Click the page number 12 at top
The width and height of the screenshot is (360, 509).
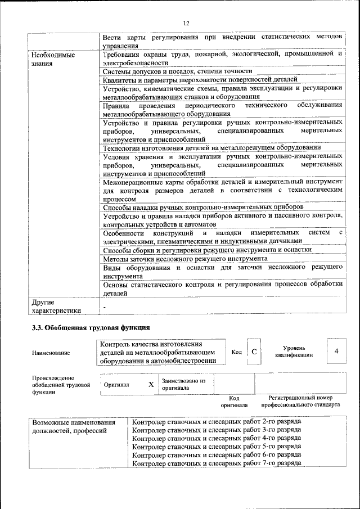(186, 23)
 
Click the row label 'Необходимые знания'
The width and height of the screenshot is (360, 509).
(54, 60)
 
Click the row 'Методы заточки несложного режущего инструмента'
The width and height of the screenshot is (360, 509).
(185, 259)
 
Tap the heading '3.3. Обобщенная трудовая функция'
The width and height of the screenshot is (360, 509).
(91, 327)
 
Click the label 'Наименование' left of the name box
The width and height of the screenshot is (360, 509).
(51, 353)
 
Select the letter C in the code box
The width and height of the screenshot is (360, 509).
(254, 352)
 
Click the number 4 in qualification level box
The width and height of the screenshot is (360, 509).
(336, 352)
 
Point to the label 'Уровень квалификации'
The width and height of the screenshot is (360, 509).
(294, 352)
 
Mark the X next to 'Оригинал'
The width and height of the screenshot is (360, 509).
(151, 385)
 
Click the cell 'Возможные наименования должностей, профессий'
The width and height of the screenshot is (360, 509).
(74, 426)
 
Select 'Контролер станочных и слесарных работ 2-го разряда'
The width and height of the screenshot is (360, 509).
(216, 421)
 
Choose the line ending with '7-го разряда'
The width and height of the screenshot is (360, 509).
(216, 463)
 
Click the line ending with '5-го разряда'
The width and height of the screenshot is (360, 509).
(216, 446)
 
